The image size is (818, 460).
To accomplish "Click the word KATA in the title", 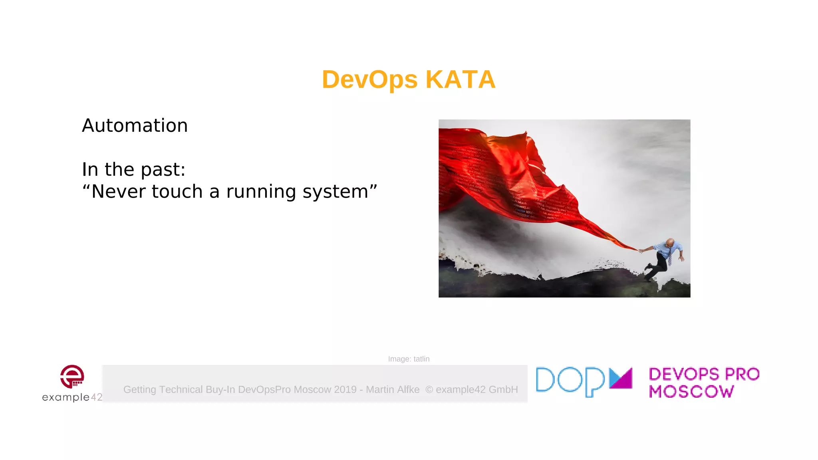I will [460, 79].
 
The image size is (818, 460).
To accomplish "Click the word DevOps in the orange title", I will [369, 79].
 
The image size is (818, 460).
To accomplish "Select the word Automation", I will [135, 125].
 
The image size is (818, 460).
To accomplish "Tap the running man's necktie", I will [669, 258].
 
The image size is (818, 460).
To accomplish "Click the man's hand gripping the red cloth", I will [641, 251].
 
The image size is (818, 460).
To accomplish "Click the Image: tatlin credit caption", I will [409, 359].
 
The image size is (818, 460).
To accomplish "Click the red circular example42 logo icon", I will [72, 376].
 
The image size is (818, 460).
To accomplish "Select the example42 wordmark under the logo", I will [72, 397].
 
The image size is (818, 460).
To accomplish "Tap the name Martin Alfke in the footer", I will [393, 389].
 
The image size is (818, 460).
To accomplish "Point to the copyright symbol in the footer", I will [429, 389].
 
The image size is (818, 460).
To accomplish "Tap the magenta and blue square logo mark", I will [621, 378].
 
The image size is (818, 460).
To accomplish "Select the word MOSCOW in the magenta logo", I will [691, 392].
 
